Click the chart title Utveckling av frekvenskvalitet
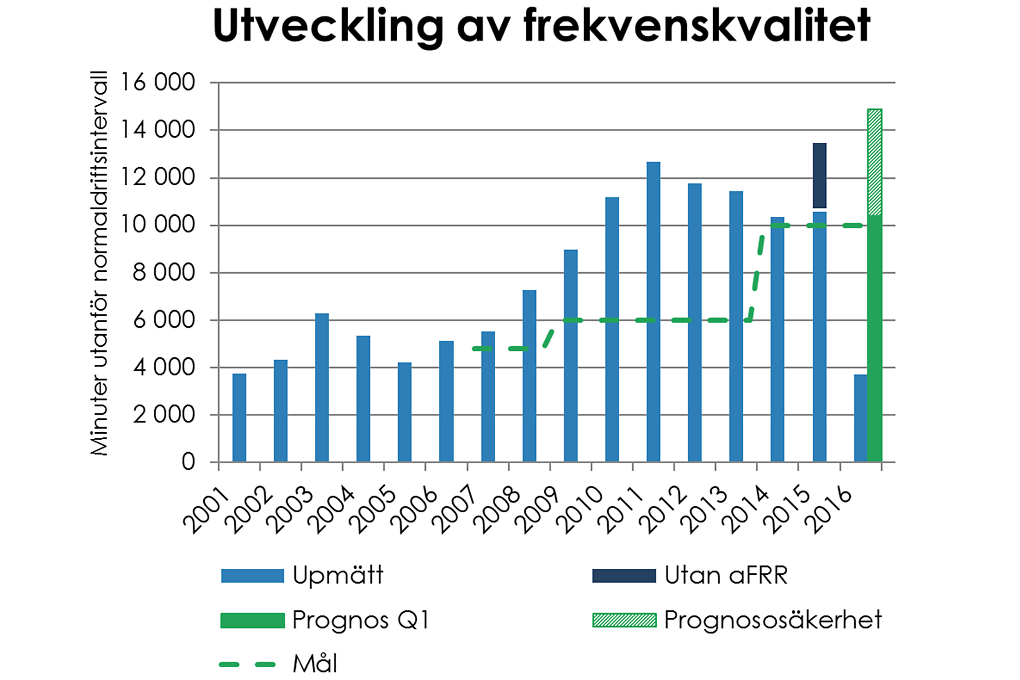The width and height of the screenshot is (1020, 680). (541, 26)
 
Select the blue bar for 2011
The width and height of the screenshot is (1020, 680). (653, 312)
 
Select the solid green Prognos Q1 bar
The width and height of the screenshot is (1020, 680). (874, 338)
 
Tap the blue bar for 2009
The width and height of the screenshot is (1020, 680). (570, 356)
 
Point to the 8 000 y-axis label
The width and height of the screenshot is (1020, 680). (164, 273)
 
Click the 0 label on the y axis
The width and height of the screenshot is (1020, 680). (188, 462)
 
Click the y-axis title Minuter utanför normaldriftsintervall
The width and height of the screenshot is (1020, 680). (99, 263)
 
